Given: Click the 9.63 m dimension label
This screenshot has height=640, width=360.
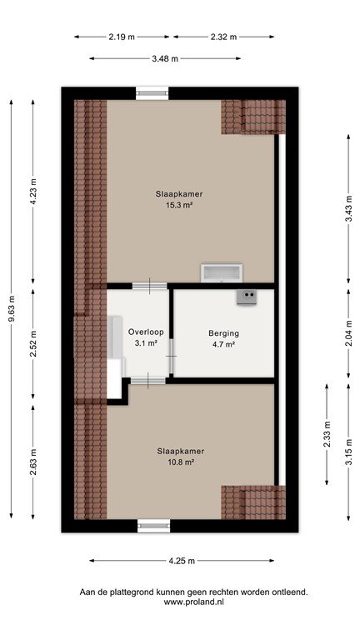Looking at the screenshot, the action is point(11,308).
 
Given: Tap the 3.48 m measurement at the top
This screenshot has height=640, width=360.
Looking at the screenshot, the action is point(165,58).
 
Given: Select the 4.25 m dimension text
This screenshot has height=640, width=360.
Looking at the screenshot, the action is point(182,561).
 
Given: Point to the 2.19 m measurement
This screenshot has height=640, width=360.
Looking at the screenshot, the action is point(122,37).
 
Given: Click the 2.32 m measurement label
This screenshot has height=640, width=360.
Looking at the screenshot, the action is point(223,37).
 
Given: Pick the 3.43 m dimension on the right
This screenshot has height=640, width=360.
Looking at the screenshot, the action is point(348,208).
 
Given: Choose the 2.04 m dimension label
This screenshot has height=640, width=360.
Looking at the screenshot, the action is point(348,334).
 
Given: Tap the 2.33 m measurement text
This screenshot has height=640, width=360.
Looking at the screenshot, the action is point(327,434).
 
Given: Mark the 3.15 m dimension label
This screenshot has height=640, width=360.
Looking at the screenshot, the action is point(348,452).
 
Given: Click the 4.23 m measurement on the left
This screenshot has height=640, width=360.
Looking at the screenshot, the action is point(33,192).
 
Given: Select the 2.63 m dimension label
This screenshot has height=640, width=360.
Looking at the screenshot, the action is point(33,462).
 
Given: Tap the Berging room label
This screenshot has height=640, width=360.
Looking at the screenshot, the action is point(223,333).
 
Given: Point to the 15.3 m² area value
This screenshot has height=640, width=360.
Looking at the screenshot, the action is point(179,205).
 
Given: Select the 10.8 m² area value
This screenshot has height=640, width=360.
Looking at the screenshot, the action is point(180,462).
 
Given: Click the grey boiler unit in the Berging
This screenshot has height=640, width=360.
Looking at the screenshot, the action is point(247,297).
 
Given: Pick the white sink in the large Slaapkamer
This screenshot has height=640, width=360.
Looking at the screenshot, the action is point(222,273).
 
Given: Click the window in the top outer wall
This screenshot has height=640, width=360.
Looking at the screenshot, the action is point(152,93).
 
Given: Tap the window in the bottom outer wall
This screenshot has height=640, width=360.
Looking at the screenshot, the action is point(154,526).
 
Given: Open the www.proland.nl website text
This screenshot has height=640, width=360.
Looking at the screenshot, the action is point(193,602).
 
